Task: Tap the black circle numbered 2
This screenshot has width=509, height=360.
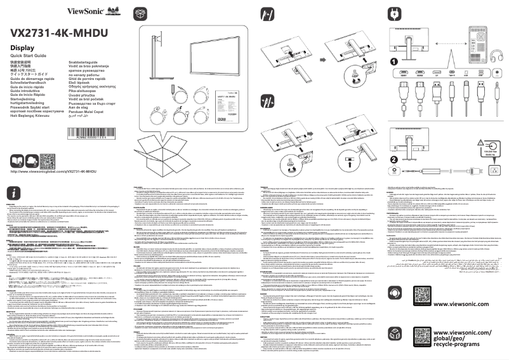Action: (x=393, y=159)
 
